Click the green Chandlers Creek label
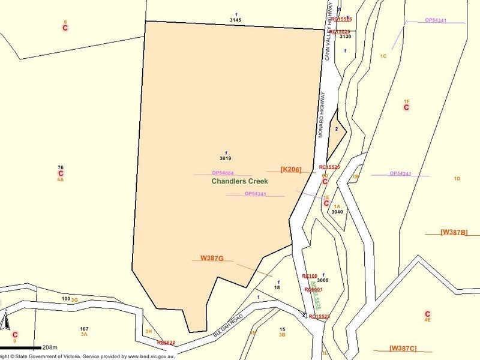(x=239, y=181)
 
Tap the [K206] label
(x=290, y=170)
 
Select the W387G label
(x=212, y=258)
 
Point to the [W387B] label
(x=454, y=232)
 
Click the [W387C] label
(x=403, y=348)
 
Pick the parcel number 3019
(x=226, y=159)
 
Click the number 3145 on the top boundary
(x=236, y=20)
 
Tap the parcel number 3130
(x=345, y=37)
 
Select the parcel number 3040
(x=337, y=212)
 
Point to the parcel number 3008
(x=323, y=280)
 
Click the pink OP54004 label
(x=222, y=173)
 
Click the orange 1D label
(x=457, y=179)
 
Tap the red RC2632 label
(x=166, y=343)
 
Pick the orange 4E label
(x=428, y=320)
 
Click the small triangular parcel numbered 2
(x=337, y=128)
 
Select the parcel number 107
(x=84, y=329)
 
